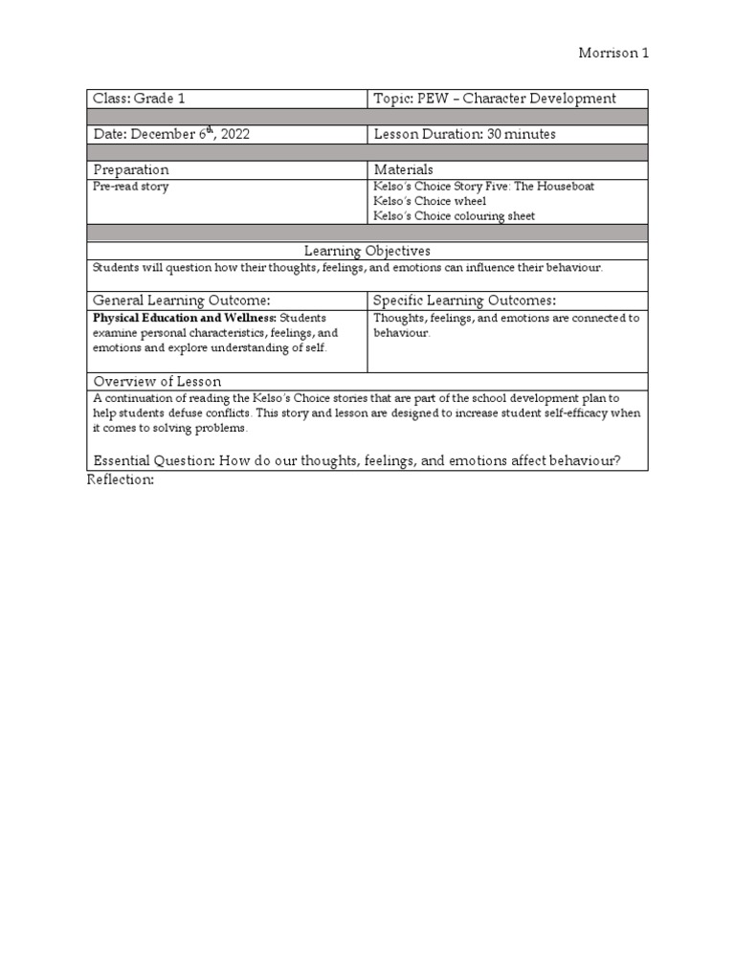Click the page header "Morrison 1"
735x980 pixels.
pyautogui.click(x=613, y=54)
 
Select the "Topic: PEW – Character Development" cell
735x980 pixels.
pyautogui.click(x=495, y=99)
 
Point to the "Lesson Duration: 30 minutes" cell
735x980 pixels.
pyautogui.click(x=464, y=135)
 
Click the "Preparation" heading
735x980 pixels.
pyautogui.click(x=131, y=169)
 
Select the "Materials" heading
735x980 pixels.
pyautogui.click(x=403, y=169)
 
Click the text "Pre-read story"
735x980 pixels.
pyautogui.click(x=131, y=187)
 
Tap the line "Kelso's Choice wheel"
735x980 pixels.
pyautogui.click(x=430, y=201)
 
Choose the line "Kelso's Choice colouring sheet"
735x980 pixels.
pyautogui.click(x=455, y=215)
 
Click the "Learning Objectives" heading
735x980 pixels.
pyautogui.click(x=367, y=251)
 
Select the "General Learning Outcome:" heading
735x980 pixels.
pyautogui.click(x=175, y=301)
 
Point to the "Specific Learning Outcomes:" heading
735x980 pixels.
pyautogui.click(x=464, y=301)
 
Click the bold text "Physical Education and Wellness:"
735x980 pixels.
pyautogui.click(x=185, y=318)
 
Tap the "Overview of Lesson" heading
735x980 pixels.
pyautogui.click(x=157, y=381)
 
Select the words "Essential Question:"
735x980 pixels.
pyautogui.click(x=154, y=460)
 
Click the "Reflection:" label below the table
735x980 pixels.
pyautogui.click(x=121, y=479)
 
